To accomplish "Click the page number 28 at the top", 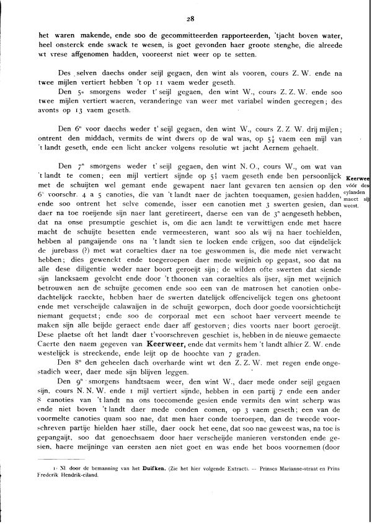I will click(x=185, y=19).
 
